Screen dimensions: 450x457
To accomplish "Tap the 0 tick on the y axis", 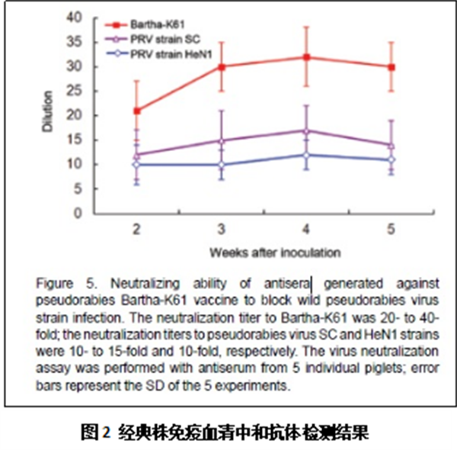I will pos(77,214).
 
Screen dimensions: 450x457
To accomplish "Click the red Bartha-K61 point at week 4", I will pos(306,57).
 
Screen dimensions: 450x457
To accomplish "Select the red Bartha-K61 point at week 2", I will pos(136,111).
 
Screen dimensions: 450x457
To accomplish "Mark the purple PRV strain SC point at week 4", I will pos(306,130).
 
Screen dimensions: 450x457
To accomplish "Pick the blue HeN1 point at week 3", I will pos(222,165).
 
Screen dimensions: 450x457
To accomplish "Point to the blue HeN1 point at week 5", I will pos(391,159).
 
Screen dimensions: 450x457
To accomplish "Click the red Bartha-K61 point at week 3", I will pos(222,66).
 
